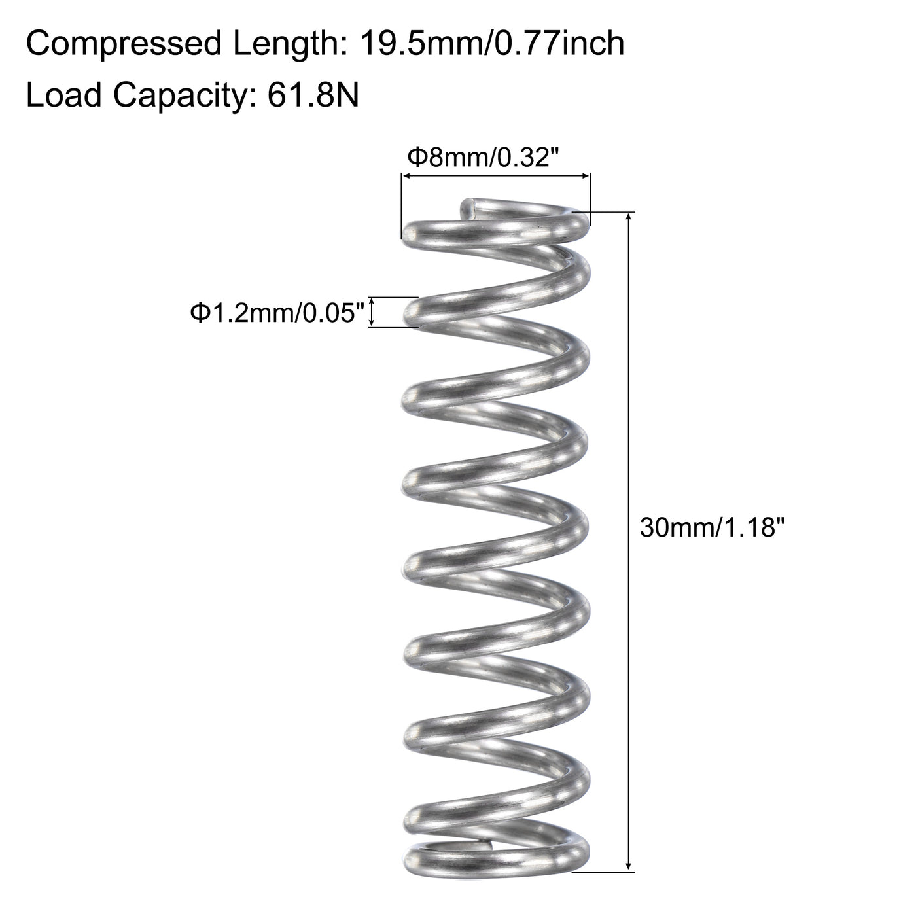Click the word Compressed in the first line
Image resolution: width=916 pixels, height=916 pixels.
[x=124, y=44]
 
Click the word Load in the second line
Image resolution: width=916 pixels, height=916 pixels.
[x=64, y=96]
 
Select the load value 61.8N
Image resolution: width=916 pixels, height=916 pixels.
[x=313, y=96]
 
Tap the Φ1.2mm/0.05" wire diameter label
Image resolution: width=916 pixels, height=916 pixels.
[x=276, y=313]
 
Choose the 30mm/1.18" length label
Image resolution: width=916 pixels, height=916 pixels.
[x=711, y=527]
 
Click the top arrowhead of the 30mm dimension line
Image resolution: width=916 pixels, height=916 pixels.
[x=629, y=218]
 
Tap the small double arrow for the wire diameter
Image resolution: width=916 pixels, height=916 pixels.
[x=372, y=311]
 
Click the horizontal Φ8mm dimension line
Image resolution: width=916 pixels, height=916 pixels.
[x=495, y=175]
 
